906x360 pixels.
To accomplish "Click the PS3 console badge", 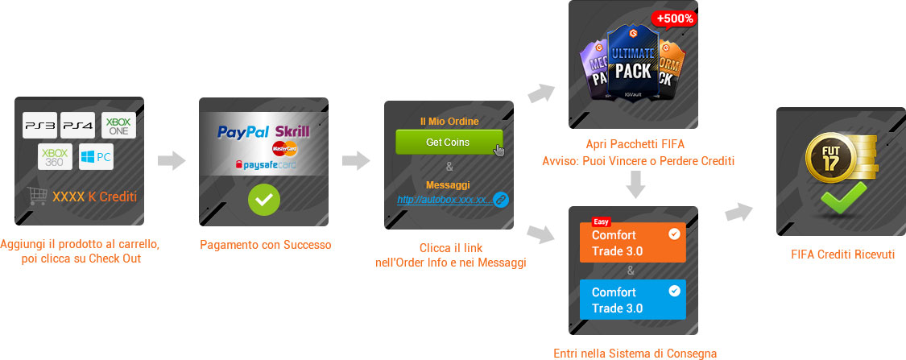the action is pyautogui.click(x=40, y=126).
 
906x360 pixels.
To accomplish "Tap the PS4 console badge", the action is pyautogui.click(x=78, y=126).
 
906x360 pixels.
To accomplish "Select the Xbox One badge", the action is pyautogui.click(x=119, y=126).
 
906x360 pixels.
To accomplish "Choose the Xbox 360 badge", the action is pyautogui.click(x=55, y=156).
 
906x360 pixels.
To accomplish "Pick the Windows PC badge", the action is pyautogui.click(x=96, y=156).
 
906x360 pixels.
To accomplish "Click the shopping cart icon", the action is pyautogui.click(x=36, y=196).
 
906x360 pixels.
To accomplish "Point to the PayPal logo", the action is pyautogui.click(x=243, y=132).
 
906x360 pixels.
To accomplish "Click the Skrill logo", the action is pyautogui.click(x=292, y=132).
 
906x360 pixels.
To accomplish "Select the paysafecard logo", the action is pyautogui.click(x=265, y=165).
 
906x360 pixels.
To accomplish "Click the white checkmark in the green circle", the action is pyautogui.click(x=264, y=200).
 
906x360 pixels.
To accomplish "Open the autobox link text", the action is pyautogui.click(x=445, y=200).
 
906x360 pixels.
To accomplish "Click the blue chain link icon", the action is pyautogui.click(x=501, y=200).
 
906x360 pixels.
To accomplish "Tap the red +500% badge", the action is pyautogui.click(x=674, y=19).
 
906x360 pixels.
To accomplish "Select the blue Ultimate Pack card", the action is pyautogui.click(x=633, y=62).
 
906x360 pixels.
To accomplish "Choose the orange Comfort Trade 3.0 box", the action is pyautogui.click(x=633, y=242).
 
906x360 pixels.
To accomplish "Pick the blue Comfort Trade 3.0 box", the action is pyautogui.click(x=633, y=300).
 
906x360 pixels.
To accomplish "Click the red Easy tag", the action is pyautogui.click(x=601, y=222).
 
